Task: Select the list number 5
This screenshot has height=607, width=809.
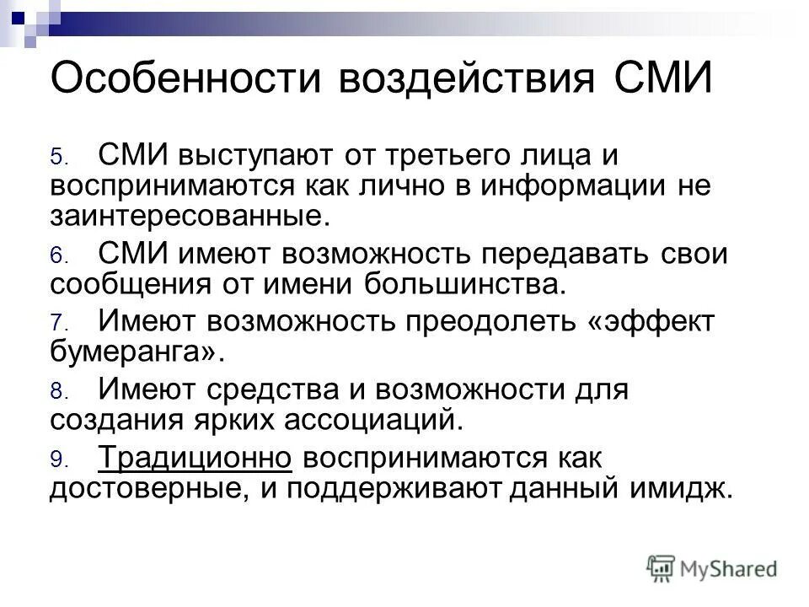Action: pyautogui.click(x=56, y=158)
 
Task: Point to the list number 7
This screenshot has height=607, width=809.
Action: pyautogui.click(x=56, y=323)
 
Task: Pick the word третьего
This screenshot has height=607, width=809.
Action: pyautogui.click(x=410, y=156)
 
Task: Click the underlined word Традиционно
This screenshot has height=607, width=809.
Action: pyautogui.click(x=195, y=458)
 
